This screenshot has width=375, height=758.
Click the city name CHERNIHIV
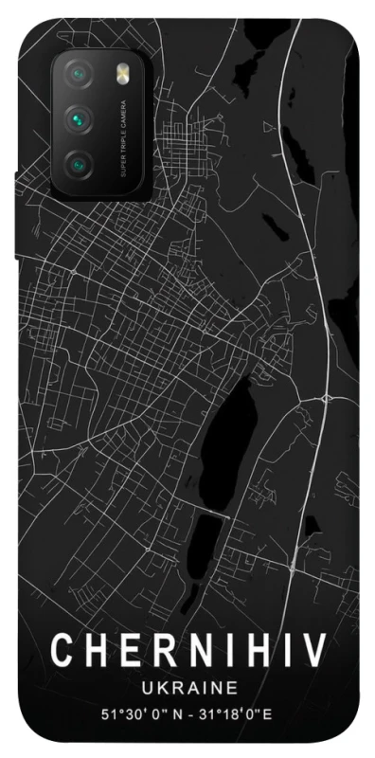point(188,651)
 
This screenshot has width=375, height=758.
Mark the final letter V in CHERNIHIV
point(315,651)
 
